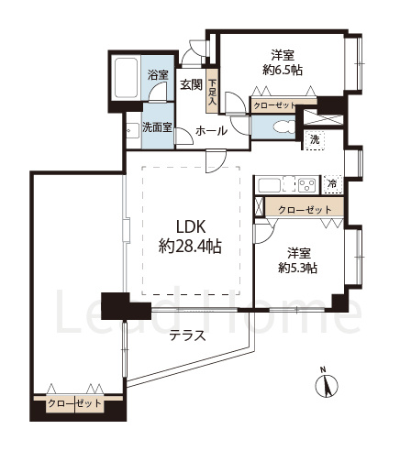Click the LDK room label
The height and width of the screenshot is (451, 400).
click(x=190, y=227)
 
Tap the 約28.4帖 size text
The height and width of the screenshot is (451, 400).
click(x=190, y=246)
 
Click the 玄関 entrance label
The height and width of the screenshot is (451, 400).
click(x=191, y=84)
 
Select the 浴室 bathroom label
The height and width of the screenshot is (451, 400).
click(x=158, y=74)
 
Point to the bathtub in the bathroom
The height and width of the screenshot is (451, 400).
click(x=126, y=78)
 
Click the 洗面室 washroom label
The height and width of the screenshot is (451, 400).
click(x=157, y=127)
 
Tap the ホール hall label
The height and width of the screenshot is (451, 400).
click(x=211, y=131)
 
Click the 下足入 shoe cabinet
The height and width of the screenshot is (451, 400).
click(x=212, y=91)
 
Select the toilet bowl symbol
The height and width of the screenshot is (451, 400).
click(x=284, y=126)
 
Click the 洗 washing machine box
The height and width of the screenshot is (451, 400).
click(x=314, y=140)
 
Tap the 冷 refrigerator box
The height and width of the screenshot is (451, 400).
click(x=332, y=184)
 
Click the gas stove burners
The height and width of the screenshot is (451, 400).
click(x=306, y=185)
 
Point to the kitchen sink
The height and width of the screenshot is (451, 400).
click(x=270, y=185)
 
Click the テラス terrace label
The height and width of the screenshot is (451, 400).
click(x=188, y=335)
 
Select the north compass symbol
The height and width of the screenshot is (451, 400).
click(x=327, y=384)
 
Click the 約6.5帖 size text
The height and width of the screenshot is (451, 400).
click(x=283, y=71)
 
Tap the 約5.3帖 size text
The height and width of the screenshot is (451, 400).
click(x=297, y=268)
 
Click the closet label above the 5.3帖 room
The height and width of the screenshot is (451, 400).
click(x=305, y=210)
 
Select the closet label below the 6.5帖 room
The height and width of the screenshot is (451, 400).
click(x=274, y=106)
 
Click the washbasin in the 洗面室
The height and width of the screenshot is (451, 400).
click(x=133, y=130)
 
